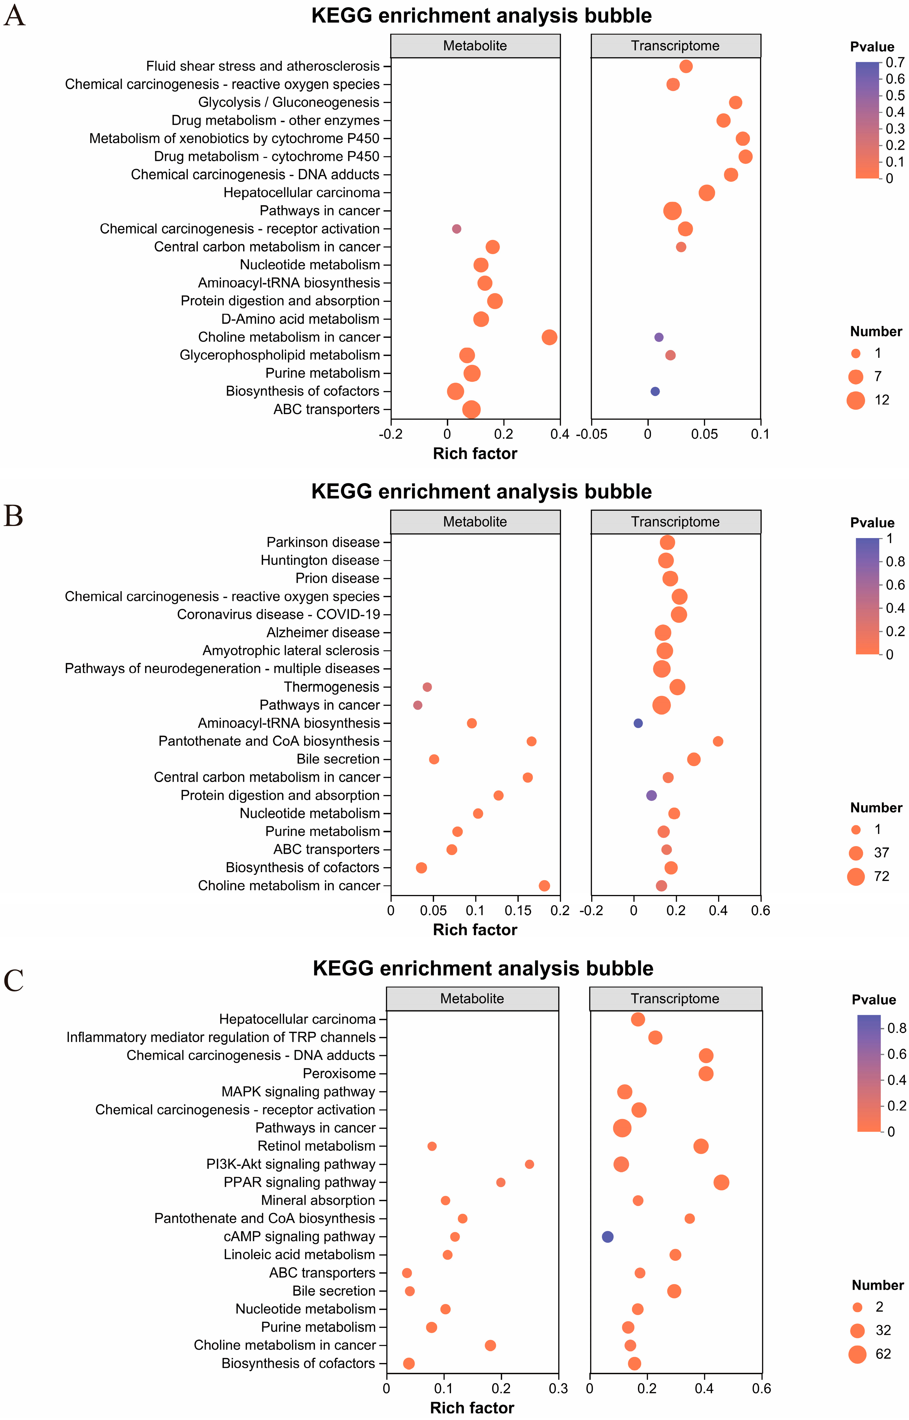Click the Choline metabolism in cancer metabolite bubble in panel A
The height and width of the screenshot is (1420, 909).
(549, 337)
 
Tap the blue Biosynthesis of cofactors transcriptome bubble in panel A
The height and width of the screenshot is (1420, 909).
(655, 392)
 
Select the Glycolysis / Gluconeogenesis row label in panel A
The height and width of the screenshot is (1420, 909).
(289, 102)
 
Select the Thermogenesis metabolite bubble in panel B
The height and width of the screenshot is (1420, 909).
(427, 687)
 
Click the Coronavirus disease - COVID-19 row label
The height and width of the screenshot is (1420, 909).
(279, 615)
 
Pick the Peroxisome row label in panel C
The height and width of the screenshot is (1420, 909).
(339, 1073)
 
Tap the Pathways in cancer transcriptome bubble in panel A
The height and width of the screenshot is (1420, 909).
(672, 211)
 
